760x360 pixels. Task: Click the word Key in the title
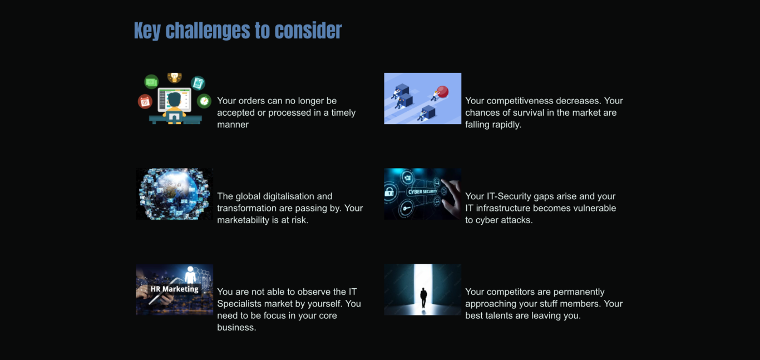coord(147,31)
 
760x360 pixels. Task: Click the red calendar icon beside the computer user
coord(145,101)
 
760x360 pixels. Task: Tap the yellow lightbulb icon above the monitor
coord(174,77)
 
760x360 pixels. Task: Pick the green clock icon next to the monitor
coord(204,101)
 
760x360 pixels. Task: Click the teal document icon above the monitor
coord(198,83)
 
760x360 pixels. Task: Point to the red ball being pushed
coord(442,92)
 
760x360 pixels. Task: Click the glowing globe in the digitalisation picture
coord(174,194)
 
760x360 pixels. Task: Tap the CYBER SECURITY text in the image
coord(422,192)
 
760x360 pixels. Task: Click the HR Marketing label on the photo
coord(174,289)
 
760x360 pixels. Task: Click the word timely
coord(343,112)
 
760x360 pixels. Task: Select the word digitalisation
coord(289,196)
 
